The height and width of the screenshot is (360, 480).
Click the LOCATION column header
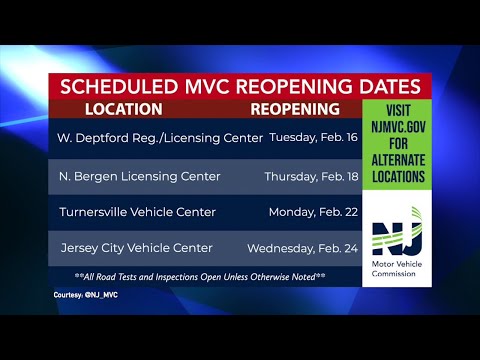(x=123, y=108)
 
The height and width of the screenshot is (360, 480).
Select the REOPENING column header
(x=294, y=108)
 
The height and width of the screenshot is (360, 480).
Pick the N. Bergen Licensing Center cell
(x=128, y=176)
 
